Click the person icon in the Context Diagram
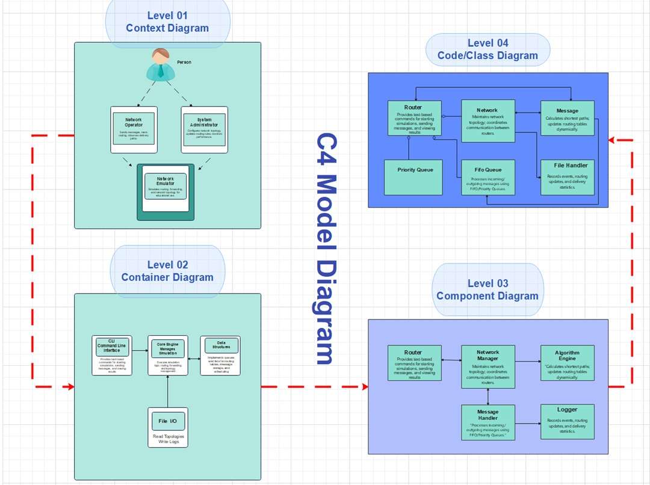(x=161, y=64)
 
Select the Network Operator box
(x=134, y=129)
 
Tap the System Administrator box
(x=205, y=129)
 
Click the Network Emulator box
(x=166, y=191)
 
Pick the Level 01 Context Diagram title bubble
(x=167, y=22)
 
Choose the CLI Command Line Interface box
(x=112, y=355)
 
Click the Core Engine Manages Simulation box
(x=168, y=355)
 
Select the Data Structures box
(x=220, y=355)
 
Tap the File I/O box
(x=168, y=427)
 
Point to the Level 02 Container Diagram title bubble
(x=167, y=271)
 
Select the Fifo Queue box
(x=488, y=177)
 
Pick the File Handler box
(x=568, y=177)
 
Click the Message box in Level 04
(x=568, y=118)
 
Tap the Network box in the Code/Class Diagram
(x=488, y=121)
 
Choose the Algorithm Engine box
(x=568, y=363)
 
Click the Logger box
(x=568, y=421)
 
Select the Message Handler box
(x=488, y=422)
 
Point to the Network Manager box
(x=488, y=366)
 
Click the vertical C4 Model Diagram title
(x=325, y=248)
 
